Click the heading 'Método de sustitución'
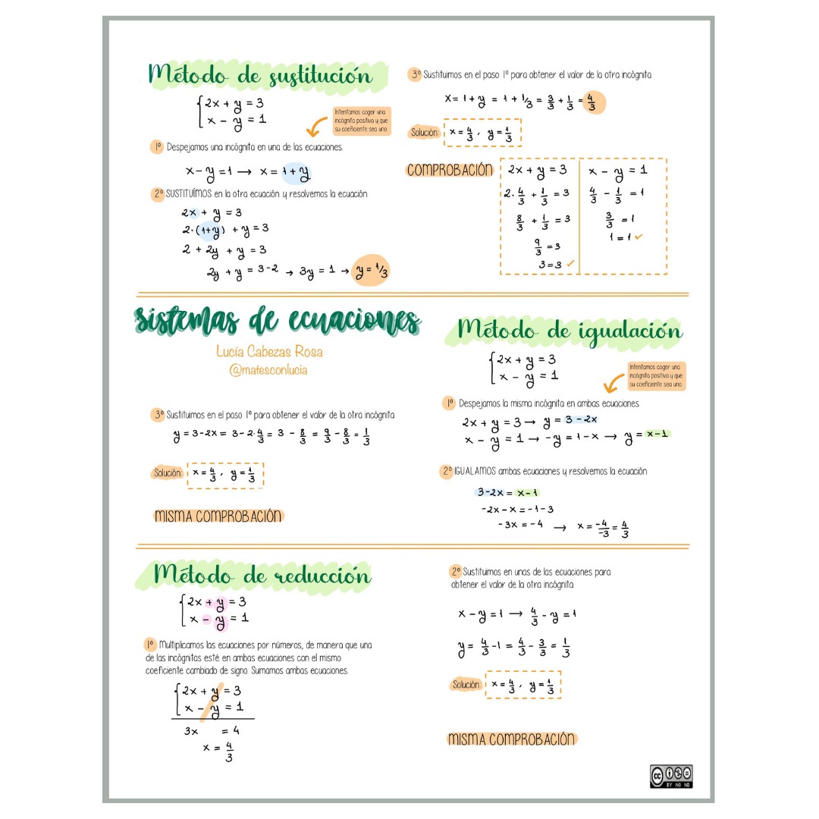(x=261, y=76)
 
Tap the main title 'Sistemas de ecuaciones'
(x=278, y=322)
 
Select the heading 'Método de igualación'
(x=570, y=331)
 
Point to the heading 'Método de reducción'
(x=262, y=576)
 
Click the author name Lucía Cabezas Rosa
(x=269, y=352)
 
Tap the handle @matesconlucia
(x=269, y=370)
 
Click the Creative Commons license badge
(x=671, y=776)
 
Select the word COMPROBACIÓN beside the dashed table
(x=450, y=171)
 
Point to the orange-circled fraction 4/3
(x=591, y=102)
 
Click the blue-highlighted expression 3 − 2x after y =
(x=581, y=420)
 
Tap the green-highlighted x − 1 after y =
(x=656, y=435)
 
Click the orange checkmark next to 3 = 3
(x=570, y=264)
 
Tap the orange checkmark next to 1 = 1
(x=639, y=237)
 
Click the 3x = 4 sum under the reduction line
(x=212, y=731)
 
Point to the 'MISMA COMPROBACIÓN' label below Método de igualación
(x=512, y=739)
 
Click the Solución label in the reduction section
(x=466, y=685)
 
